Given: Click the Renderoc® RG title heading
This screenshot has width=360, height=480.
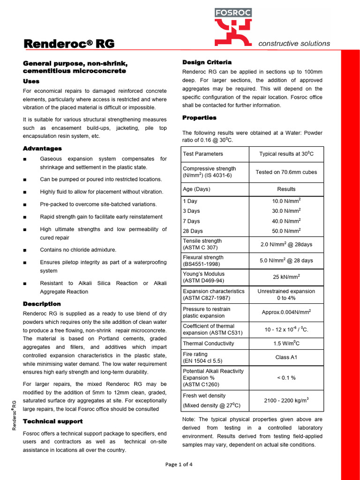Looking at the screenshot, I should (x=69, y=44).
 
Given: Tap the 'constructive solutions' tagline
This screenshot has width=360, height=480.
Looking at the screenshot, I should (x=294, y=44).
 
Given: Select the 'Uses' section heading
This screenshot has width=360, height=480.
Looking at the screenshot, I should (x=31, y=81).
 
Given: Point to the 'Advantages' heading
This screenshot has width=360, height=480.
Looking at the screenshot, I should (x=42, y=149).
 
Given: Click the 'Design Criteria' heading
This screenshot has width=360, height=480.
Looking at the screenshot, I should (x=207, y=62).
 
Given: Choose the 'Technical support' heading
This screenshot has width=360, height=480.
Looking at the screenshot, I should (x=52, y=421).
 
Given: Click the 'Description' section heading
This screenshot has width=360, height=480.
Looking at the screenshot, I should (x=42, y=304).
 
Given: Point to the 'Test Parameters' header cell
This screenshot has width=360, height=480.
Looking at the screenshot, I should (x=203, y=154).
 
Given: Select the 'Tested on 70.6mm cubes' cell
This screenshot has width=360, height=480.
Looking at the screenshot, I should (x=286, y=172).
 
